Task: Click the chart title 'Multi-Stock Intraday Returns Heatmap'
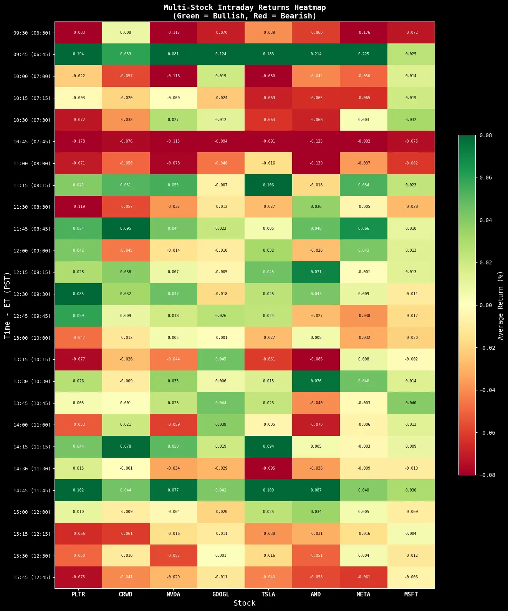coord(245,8)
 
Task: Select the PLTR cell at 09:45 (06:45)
coord(78,54)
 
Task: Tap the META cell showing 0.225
coord(364,54)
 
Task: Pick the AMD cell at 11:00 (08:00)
coord(316,163)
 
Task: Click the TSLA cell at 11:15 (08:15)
coord(268,185)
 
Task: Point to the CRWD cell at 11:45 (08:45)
coord(126,229)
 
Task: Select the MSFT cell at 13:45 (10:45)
coord(411,403)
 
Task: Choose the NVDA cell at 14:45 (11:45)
coord(173,490)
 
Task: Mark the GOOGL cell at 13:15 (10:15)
coord(221,359)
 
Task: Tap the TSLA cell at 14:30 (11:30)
coord(268,468)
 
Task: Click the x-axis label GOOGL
coord(221,594)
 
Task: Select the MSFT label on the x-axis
coord(411,594)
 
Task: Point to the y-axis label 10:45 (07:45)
coord(32,142)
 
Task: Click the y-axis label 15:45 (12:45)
coord(32,578)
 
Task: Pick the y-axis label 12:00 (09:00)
coord(32,251)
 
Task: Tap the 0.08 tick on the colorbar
coord(486,135)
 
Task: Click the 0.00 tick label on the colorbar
coord(486,305)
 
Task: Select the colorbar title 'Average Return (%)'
coord(500,305)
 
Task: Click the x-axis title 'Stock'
coord(245,603)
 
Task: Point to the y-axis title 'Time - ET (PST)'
coord(7,305)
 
